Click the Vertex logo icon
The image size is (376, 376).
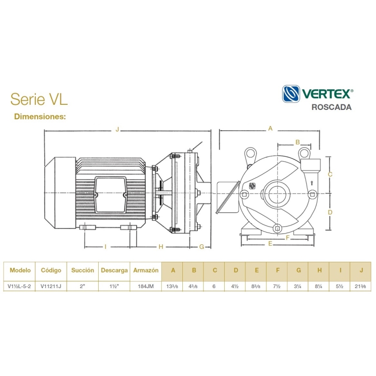(291, 94)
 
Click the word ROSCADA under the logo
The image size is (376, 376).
(331, 107)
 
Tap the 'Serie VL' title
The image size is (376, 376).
(39, 99)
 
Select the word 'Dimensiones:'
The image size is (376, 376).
(40, 116)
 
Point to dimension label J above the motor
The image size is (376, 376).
(117, 130)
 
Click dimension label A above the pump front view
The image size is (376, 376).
(270, 128)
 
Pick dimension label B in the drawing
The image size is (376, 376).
(298, 142)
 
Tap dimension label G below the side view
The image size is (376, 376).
(202, 246)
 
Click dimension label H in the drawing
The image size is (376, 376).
(161, 246)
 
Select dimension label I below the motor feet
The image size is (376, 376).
(105, 246)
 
